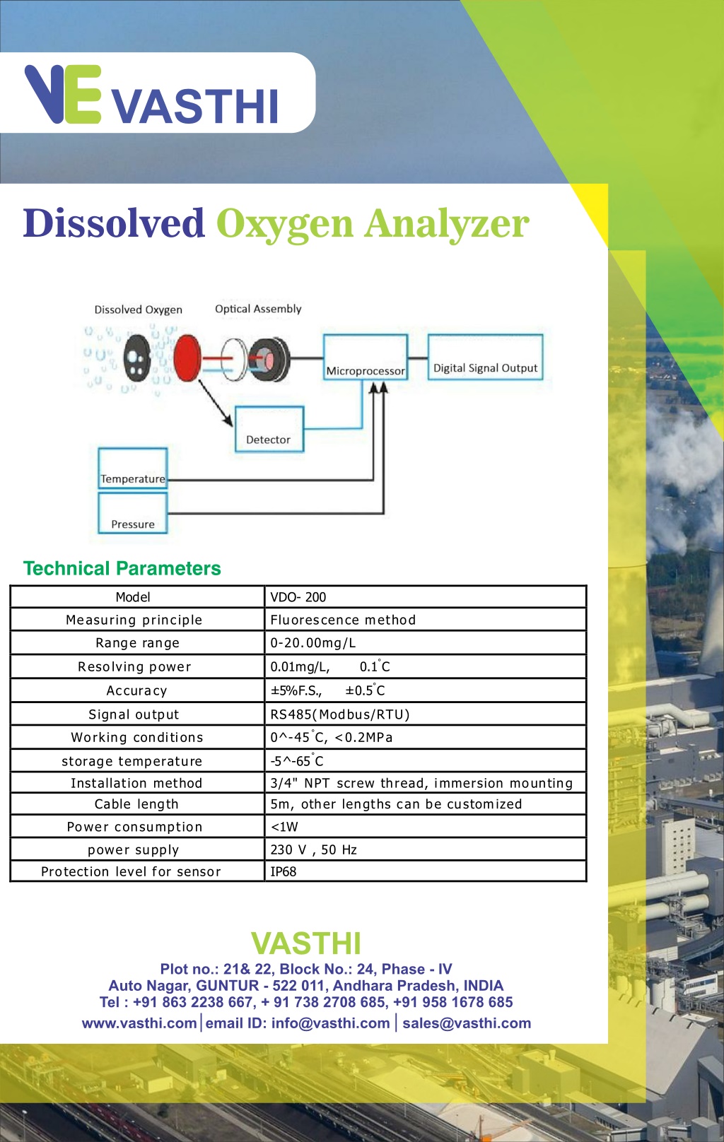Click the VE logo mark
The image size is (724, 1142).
click(63, 94)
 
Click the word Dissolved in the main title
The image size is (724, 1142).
click(114, 223)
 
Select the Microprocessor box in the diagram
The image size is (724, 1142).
click(366, 357)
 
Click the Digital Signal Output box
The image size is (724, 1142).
click(485, 357)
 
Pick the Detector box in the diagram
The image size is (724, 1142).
click(269, 429)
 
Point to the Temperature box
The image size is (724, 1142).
click(133, 468)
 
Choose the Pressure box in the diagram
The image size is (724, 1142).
click(133, 513)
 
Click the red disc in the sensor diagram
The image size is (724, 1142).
click(187, 358)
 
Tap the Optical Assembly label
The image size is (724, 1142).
click(258, 309)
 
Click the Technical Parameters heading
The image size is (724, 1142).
click(122, 568)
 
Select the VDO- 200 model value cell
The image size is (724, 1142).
click(426, 596)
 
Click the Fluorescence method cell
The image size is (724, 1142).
click(426, 620)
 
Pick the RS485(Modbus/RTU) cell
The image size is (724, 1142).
click(426, 714)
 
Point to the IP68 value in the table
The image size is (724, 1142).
click(284, 871)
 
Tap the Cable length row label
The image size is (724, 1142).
click(136, 804)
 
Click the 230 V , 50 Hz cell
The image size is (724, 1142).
click(426, 849)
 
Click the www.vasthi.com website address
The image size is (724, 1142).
click(139, 1023)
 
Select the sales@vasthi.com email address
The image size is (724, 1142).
click(467, 1023)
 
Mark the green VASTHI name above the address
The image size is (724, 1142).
click(306, 943)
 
